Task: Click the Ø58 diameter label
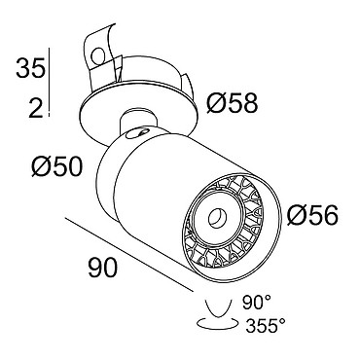point(233,103)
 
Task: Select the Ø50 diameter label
point(57,167)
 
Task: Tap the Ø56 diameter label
point(312,215)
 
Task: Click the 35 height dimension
point(30,68)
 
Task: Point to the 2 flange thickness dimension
point(36,107)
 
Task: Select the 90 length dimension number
point(102,268)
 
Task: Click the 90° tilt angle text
point(256,303)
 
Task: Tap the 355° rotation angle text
point(266,325)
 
